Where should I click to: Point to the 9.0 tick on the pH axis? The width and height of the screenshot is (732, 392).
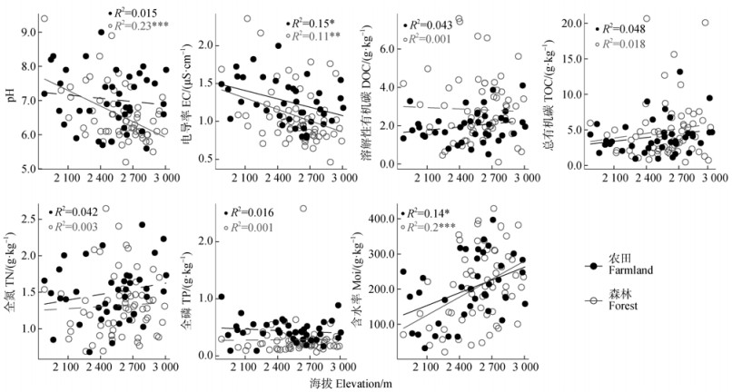tap(29, 32)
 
